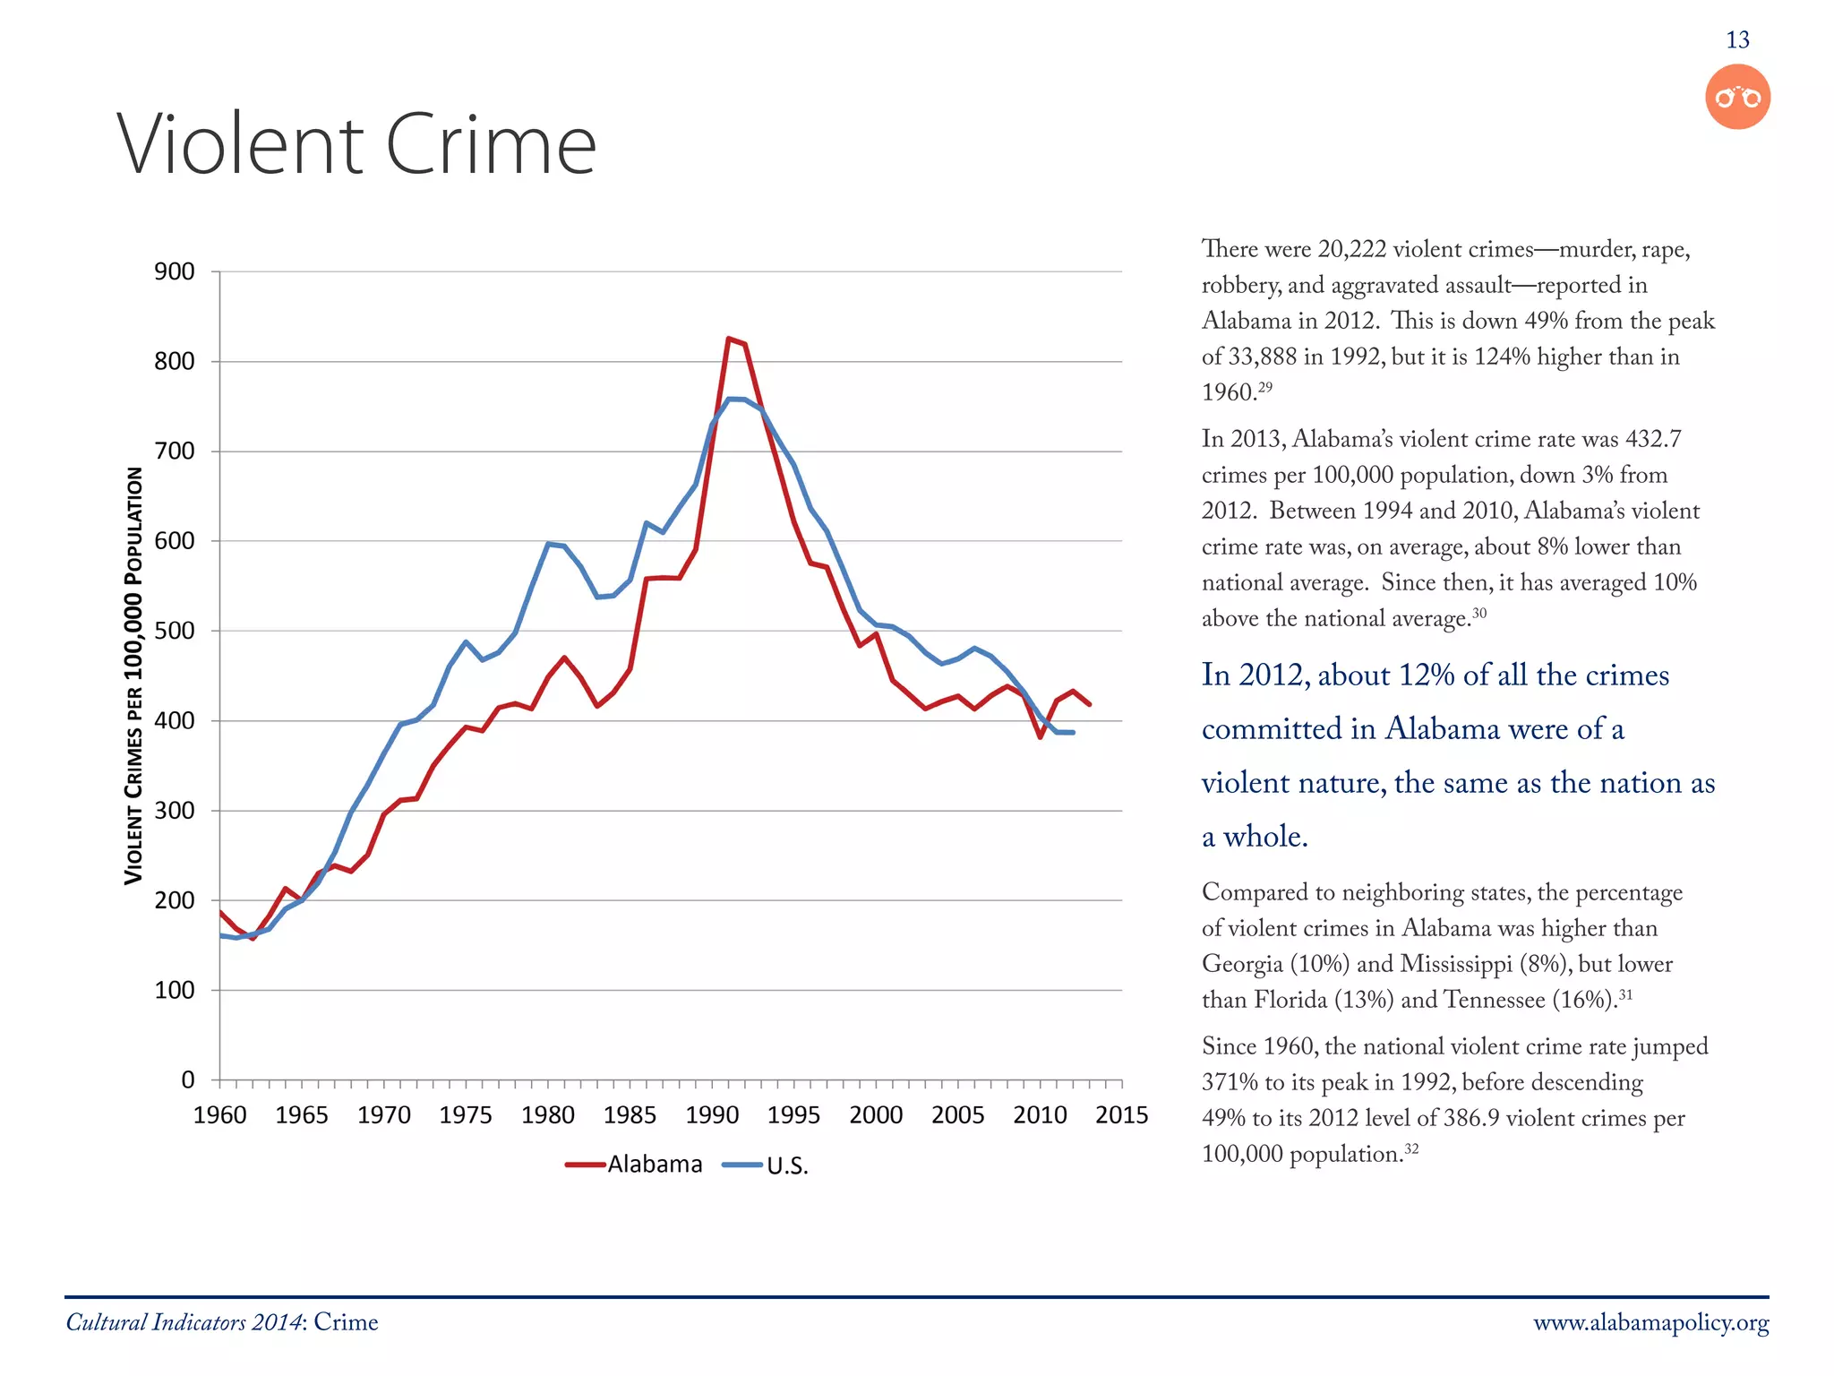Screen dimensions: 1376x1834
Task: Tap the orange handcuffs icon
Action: pos(1737,97)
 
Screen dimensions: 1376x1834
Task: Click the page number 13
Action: pos(1737,40)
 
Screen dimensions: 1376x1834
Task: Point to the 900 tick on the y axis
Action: pos(175,271)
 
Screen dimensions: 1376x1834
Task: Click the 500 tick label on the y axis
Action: pos(175,631)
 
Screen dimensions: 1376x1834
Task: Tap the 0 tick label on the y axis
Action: pos(187,1079)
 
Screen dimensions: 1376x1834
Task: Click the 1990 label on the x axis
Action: pos(712,1115)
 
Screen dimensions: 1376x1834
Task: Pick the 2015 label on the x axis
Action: pos(1121,1115)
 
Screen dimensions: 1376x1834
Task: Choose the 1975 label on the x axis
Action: pos(466,1115)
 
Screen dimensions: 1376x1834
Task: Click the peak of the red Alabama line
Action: pos(729,339)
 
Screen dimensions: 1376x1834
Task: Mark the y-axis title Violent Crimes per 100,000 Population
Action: pos(133,676)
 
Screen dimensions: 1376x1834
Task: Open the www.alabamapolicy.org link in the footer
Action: pos(1650,1323)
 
